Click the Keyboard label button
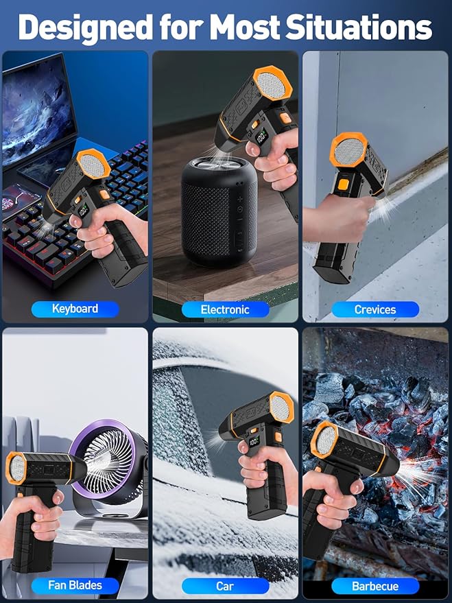[75, 309]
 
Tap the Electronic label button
[225, 309]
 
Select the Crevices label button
[375, 309]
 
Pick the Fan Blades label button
[75, 586]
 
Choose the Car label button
[225, 586]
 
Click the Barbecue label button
[375, 586]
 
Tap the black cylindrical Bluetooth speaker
[219, 211]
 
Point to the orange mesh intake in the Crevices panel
[349, 150]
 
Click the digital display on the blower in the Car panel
[253, 441]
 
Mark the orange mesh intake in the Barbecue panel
[324, 440]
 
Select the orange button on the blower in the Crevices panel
[342, 185]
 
